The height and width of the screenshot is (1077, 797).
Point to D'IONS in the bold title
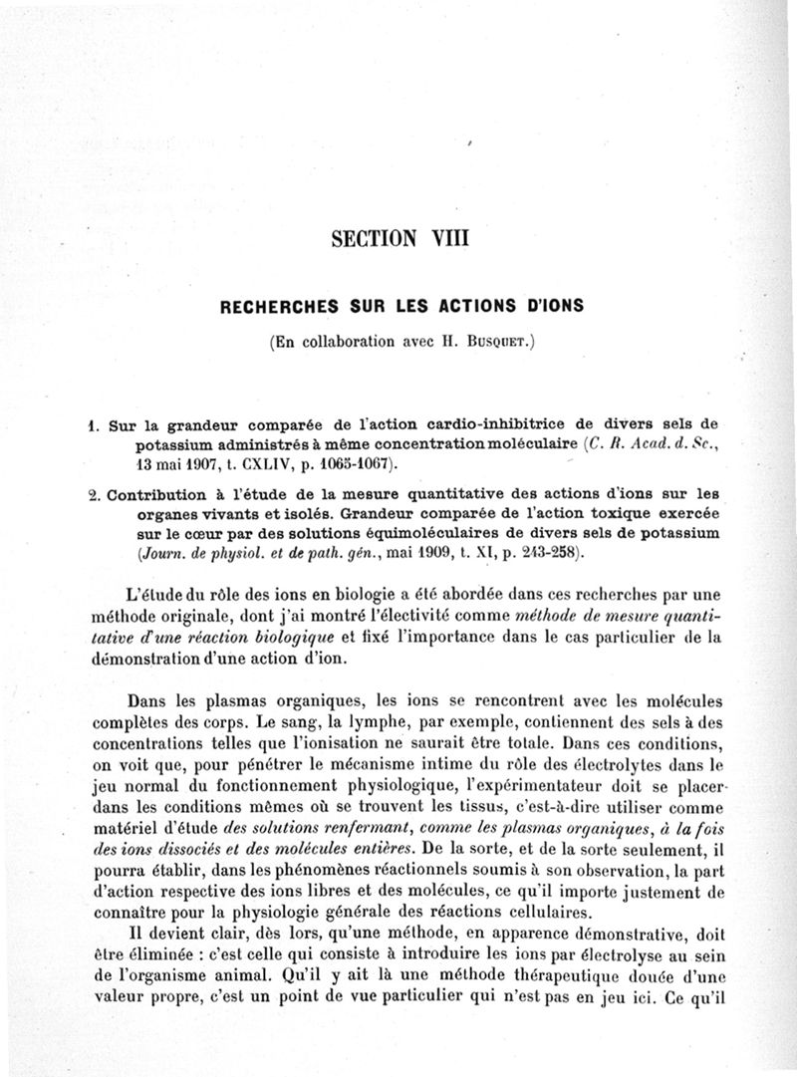(546, 307)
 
